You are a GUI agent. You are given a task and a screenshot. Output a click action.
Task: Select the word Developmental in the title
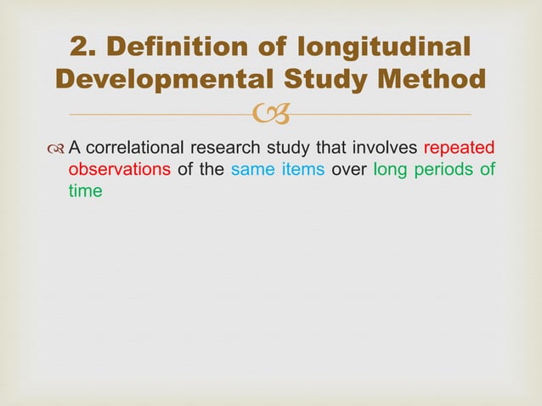point(161,80)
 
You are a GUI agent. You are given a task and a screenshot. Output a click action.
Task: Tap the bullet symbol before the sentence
point(56,149)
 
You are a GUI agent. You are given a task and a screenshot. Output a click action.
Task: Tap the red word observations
point(119,170)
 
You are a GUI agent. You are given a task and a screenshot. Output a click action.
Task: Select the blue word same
point(251,170)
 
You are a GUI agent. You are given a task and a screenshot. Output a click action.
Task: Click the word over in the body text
point(349,170)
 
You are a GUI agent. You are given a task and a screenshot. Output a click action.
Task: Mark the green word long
point(389,170)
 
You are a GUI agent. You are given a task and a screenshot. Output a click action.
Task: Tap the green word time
point(85,191)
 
